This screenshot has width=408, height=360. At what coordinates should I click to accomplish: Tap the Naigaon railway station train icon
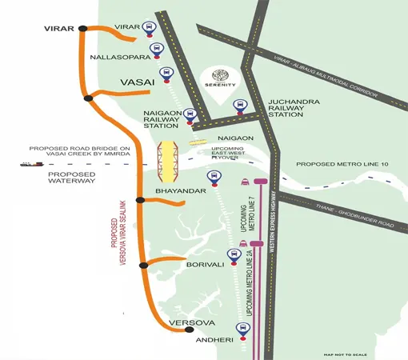coord(190,114)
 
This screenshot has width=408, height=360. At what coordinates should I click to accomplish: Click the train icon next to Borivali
coord(234,256)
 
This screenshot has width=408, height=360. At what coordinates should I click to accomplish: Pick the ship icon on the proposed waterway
coord(30,163)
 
